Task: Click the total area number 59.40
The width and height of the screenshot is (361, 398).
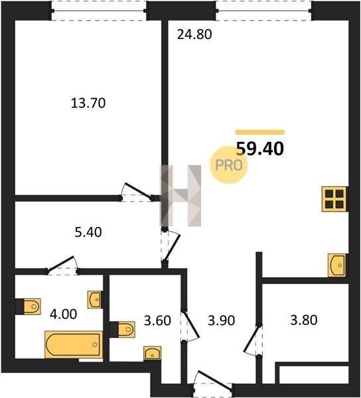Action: [x=260, y=149]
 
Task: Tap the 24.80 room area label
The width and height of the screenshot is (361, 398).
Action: [x=194, y=34]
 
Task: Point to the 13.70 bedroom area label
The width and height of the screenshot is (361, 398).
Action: [x=88, y=103]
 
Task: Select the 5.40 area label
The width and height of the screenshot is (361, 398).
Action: [x=88, y=232]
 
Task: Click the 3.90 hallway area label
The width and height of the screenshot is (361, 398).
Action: [x=221, y=320]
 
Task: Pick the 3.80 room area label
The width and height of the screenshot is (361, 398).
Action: [x=304, y=320]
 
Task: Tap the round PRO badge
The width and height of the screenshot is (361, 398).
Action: [x=228, y=165]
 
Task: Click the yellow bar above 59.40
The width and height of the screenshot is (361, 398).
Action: [x=260, y=132]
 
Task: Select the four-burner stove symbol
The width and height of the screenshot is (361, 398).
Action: [x=334, y=199]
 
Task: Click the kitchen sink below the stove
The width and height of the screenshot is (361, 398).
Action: [x=337, y=265]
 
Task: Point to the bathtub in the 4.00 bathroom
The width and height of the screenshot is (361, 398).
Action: [x=74, y=344]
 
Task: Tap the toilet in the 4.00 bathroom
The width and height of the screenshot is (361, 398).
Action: [x=29, y=306]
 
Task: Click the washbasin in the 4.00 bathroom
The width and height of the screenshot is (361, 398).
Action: [x=95, y=300]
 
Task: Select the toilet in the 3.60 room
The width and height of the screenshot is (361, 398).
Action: [x=123, y=330]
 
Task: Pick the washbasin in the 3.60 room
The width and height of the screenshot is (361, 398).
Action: [x=153, y=353]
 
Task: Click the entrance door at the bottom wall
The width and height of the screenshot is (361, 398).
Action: [x=213, y=383]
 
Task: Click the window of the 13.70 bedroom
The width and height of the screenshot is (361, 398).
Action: [x=99, y=11]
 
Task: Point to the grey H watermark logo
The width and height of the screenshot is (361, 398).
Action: [x=180, y=196]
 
